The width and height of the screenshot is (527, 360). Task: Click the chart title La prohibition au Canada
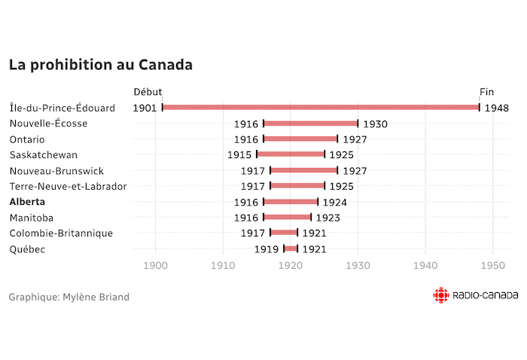click(100, 65)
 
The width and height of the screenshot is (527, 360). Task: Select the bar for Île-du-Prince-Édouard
click(321, 108)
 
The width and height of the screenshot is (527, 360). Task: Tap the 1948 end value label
click(496, 108)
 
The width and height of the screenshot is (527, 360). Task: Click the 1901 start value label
click(145, 108)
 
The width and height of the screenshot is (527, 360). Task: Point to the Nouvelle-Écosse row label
click(48, 124)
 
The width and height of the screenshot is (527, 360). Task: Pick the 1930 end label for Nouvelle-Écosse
click(375, 124)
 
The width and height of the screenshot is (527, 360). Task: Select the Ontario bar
click(300, 139)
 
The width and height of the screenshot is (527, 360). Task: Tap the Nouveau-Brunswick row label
click(56, 171)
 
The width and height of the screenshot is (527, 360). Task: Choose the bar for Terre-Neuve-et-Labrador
click(297, 186)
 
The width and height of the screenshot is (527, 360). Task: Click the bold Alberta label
click(27, 202)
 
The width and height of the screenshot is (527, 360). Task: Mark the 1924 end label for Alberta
click(334, 202)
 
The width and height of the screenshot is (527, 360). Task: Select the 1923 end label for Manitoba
click(327, 218)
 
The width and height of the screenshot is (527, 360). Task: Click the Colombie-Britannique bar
click(284, 233)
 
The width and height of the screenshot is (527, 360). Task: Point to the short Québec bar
click(291, 249)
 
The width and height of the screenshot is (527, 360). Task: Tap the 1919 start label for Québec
click(266, 249)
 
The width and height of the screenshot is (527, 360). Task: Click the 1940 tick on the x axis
click(425, 265)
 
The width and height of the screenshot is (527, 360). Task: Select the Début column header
click(147, 92)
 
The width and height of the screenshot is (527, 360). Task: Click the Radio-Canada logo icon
click(440, 296)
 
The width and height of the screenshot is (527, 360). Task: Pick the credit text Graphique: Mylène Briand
click(69, 297)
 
